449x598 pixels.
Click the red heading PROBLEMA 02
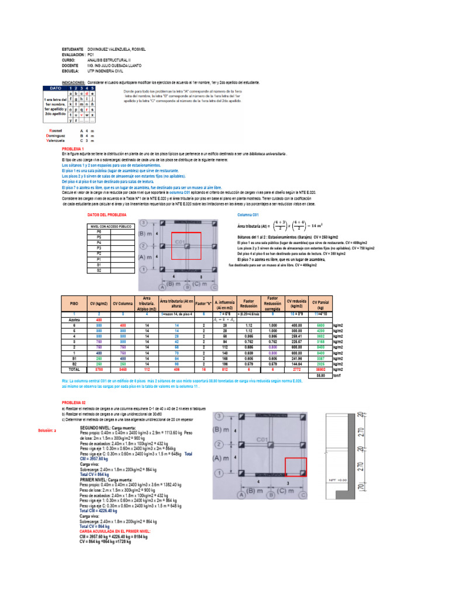click(x=74, y=386)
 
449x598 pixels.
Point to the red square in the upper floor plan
click(x=186, y=246)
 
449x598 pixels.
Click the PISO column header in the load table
click(x=74, y=304)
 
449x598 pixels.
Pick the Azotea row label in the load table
click(x=74, y=320)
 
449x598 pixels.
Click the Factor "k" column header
click(x=203, y=304)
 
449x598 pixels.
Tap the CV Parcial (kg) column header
click(x=321, y=304)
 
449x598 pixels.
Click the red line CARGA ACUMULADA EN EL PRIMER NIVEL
click(x=115, y=531)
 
